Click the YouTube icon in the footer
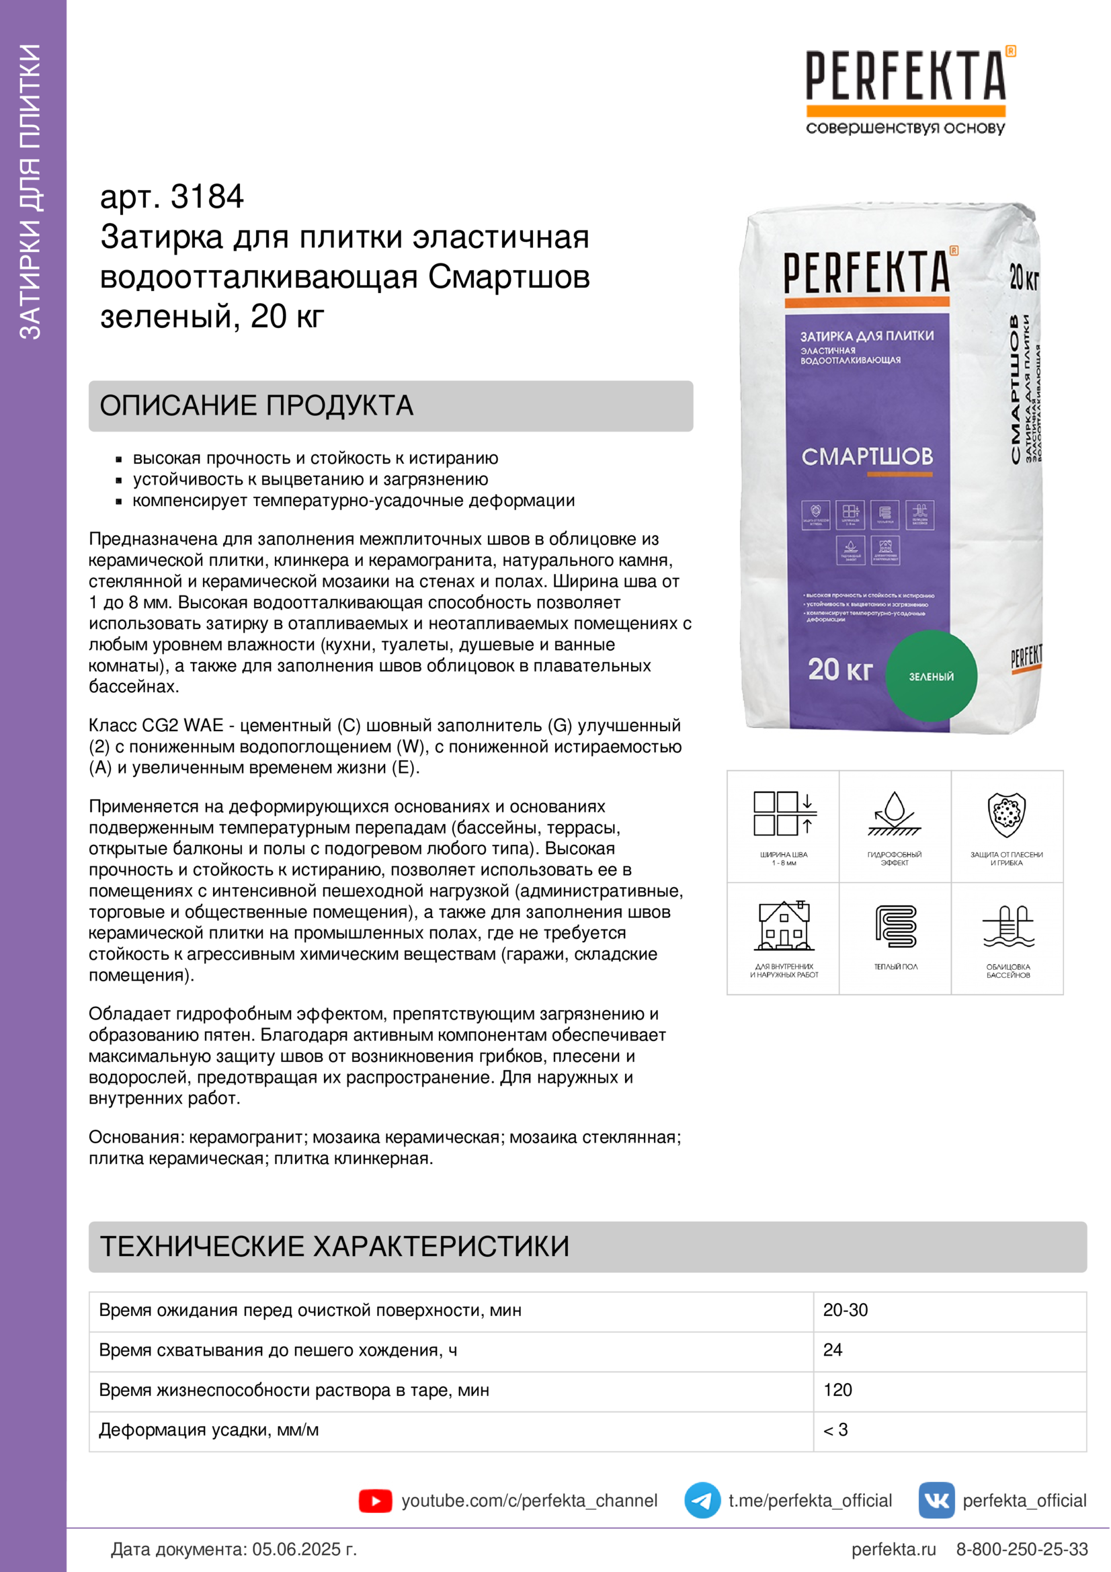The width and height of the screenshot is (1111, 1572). coord(375,1501)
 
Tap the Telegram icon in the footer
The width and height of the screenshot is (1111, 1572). coord(702,1500)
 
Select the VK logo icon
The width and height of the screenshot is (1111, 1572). coord(936,1500)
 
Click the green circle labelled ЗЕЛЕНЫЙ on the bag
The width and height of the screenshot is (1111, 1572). coord(931,675)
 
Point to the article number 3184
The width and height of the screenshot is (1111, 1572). coord(207,197)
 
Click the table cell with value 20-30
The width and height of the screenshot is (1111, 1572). coord(846,1310)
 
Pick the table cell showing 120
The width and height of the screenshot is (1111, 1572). coord(837,1390)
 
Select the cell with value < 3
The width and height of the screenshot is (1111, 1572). coord(835,1430)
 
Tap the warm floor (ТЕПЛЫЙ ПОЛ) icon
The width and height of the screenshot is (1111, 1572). coord(895,927)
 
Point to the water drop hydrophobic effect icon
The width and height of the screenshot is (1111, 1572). coord(895,814)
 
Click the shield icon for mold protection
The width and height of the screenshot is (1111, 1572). coord(1006,814)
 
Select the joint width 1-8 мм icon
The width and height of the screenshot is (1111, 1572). coord(784,814)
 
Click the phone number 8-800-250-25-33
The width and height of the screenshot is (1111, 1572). coord(1022,1548)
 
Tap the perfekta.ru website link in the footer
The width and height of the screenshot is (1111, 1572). coord(893,1548)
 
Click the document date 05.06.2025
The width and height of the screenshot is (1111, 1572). coord(304,1548)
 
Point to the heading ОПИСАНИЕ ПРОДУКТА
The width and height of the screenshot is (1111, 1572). coord(257,405)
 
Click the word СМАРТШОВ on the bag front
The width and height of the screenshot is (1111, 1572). coord(866,456)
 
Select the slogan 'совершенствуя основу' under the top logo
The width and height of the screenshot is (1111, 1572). coord(905,128)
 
